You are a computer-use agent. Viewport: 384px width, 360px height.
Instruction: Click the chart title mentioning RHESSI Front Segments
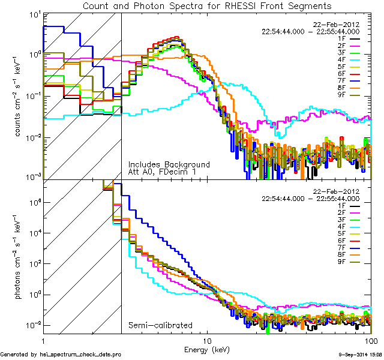[206, 5]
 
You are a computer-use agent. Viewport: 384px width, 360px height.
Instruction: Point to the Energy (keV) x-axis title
[206, 349]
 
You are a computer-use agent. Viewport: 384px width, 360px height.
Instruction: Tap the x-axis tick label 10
[207, 340]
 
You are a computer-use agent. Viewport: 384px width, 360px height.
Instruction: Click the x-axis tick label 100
[370, 340]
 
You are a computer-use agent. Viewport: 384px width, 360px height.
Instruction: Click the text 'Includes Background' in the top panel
[169, 164]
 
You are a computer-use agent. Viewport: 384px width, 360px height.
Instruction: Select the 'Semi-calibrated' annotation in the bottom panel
[157, 325]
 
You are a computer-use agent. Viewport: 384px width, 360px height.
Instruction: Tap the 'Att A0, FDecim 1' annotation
[161, 172]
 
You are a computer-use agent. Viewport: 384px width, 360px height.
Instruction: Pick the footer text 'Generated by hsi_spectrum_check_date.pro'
[61, 355]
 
